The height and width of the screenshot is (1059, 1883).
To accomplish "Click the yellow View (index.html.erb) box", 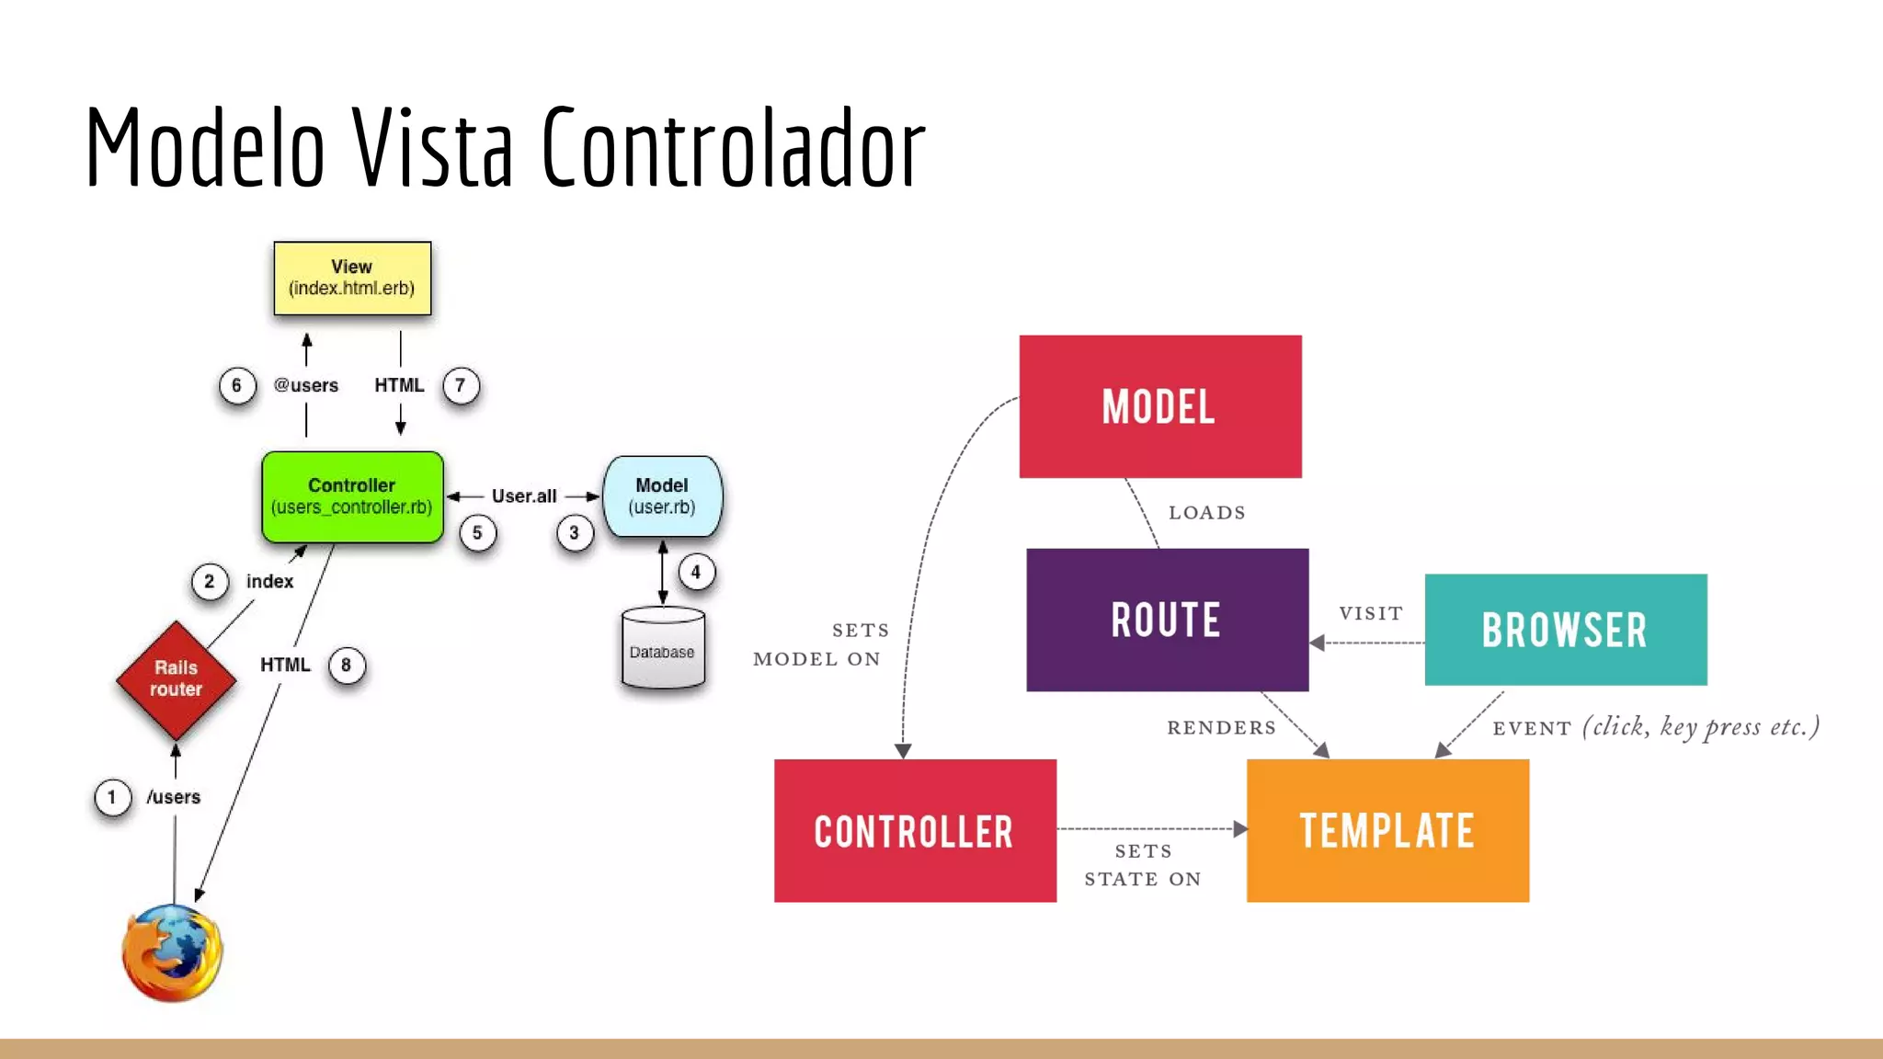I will coord(352,279).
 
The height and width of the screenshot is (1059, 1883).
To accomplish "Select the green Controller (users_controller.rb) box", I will coord(352,496).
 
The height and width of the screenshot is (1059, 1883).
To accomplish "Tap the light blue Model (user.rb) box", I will coord(662,496).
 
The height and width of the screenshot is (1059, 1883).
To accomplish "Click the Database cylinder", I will coord(663,649).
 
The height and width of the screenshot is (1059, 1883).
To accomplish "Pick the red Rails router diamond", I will coord(176,679).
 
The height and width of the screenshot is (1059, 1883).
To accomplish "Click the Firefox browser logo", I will coord(172,952).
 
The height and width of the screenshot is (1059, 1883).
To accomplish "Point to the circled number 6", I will coord(236,386).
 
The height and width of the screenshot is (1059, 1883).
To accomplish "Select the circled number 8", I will coord(347,666).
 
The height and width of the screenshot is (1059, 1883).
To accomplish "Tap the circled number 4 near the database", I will coord(696,573).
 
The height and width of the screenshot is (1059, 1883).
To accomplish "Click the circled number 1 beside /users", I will coord(112,797).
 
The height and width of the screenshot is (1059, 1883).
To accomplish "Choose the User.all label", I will coord(524,496).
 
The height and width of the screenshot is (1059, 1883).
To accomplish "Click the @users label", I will coord(306,386).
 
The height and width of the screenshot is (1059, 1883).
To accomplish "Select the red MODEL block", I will coord(1160,406).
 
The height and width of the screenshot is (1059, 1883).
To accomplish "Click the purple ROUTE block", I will coord(1167,620).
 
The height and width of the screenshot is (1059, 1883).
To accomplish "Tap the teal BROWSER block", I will coord(1565,630).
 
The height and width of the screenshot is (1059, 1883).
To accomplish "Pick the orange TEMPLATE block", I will coord(1387,830).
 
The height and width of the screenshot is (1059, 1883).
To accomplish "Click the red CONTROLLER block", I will coord(915,830).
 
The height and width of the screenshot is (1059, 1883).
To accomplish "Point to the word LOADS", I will coord(1207,513).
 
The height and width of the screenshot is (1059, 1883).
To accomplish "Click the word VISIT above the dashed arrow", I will coord(1371,614).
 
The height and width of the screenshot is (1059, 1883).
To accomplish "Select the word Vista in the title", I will coord(432,147).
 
